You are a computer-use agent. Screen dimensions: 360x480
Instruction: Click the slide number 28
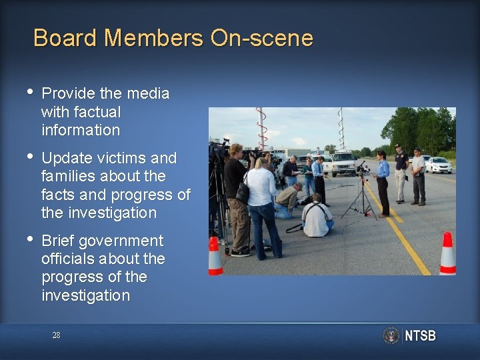[x=56, y=335]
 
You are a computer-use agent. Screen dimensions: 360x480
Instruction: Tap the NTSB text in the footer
[x=420, y=335]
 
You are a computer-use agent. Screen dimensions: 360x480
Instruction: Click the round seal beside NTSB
[x=391, y=335]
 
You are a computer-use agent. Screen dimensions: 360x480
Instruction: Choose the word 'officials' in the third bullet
[x=69, y=259]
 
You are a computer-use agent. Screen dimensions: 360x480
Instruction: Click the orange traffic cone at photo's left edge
[x=215, y=256]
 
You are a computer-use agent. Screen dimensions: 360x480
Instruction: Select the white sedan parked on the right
[x=438, y=165]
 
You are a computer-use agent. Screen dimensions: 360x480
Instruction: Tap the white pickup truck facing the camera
[x=343, y=163]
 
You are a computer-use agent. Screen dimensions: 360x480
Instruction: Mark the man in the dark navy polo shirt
[x=401, y=173]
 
